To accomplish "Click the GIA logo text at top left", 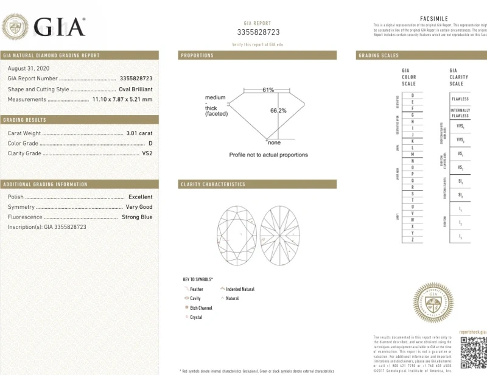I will tap(59, 27).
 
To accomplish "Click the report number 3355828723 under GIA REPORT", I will tap(258, 32).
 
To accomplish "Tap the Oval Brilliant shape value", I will tap(135, 89).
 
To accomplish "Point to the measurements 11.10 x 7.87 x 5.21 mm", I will tap(122, 99).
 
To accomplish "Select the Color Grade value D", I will tap(150, 143).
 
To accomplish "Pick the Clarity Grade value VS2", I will tap(147, 153).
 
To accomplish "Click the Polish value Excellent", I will tap(140, 197).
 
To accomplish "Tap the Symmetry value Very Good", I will tap(139, 207).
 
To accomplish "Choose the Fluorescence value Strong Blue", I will tap(137, 217).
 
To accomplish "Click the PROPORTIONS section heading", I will tap(197, 55).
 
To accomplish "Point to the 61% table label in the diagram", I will tap(268, 89).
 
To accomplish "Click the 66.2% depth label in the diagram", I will tap(278, 111).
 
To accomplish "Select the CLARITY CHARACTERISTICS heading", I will tap(213, 184).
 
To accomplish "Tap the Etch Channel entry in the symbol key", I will tap(201, 308).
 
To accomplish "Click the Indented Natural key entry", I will tap(240, 289).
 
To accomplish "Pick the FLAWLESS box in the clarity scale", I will tap(460, 99).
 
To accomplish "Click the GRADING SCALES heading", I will tap(379, 55).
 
